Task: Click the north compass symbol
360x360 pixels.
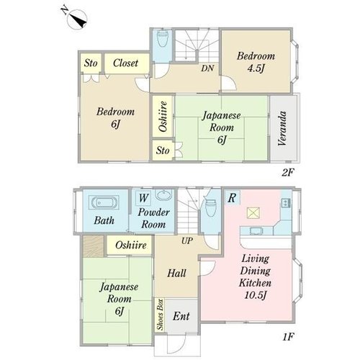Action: coord(76,18)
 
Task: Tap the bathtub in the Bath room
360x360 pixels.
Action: coord(104,202)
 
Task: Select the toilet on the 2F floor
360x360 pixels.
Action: coord(162,38)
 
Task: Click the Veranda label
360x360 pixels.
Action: coord(282,128)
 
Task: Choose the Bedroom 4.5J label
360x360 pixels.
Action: coord(256,62)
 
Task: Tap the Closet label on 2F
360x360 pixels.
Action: coord(125,63)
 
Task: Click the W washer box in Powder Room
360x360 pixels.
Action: coord(143,198)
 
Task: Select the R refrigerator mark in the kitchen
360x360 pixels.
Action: coord(232,198)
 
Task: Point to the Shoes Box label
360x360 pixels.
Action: coord(160,315)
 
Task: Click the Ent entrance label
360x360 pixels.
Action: coord(181,316)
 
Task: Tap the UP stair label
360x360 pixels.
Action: coord(187,240)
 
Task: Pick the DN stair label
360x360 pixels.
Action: coord(207,68)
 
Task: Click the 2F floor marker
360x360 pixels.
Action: coord(288,173)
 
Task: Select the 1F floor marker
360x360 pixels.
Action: coord(288,337)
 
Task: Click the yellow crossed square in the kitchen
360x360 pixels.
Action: coord(253,213)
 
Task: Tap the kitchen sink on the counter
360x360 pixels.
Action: coord(256,231)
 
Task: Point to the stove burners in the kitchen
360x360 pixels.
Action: coord(286,203)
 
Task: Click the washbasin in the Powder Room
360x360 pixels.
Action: coord(164,194)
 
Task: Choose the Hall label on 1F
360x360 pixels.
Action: coord(176,274)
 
